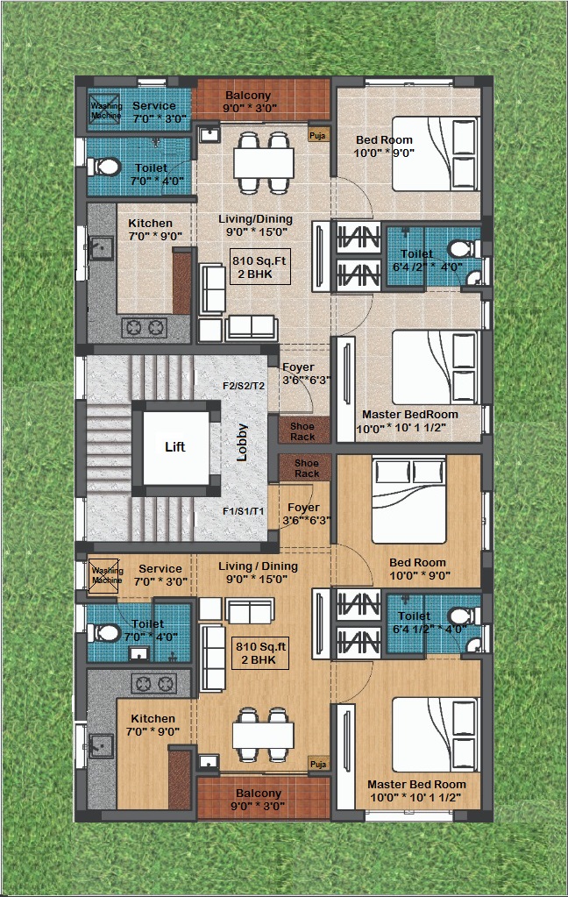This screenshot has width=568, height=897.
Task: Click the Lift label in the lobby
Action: click(175, 447)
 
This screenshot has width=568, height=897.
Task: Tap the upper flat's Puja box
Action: click(317, 136)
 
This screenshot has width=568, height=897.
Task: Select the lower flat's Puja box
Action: click(318, 764)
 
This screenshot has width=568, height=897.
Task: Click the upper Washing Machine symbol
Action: click(104, 108)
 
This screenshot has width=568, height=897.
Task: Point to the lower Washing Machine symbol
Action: click(104, 574)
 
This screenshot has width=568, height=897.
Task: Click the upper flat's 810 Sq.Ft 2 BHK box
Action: click(259, 267)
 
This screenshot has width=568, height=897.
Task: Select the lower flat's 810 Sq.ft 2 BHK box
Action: click(261, 652)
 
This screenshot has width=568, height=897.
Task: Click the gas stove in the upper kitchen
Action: click(145, 328)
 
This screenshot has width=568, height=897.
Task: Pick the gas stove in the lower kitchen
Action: click(154, 683)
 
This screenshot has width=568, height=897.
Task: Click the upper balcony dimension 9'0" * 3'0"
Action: click(250, 108)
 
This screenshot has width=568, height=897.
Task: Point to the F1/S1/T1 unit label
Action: click(243, 511)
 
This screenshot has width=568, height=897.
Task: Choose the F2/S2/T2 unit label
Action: click(244, 386)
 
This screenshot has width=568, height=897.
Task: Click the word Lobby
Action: click(242, 442)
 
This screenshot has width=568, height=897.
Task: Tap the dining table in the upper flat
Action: click(264, 162)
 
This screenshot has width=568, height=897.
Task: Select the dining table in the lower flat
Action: click(263, 734)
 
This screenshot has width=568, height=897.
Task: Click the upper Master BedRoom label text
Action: click(410, 415)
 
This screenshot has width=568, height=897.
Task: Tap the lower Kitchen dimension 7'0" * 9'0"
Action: click(153, 731)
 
